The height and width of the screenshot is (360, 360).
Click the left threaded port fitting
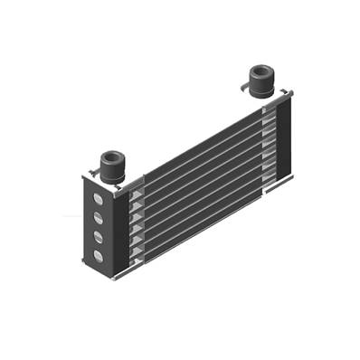point(112,167)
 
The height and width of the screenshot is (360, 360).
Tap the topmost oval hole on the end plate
point(98,199)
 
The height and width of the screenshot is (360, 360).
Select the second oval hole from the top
point(98,218)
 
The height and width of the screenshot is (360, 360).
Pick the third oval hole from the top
point(98,237)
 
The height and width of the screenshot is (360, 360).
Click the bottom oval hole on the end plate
point(98,256)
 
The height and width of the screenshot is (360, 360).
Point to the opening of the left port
point(112,156)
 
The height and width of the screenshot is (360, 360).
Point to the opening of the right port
point(261,71)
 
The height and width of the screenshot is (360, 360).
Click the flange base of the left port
point(112,178)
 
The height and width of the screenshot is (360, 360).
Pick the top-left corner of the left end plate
point(84,176)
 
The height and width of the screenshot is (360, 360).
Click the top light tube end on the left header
point(136,195)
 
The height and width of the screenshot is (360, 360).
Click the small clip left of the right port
point(243,87)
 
